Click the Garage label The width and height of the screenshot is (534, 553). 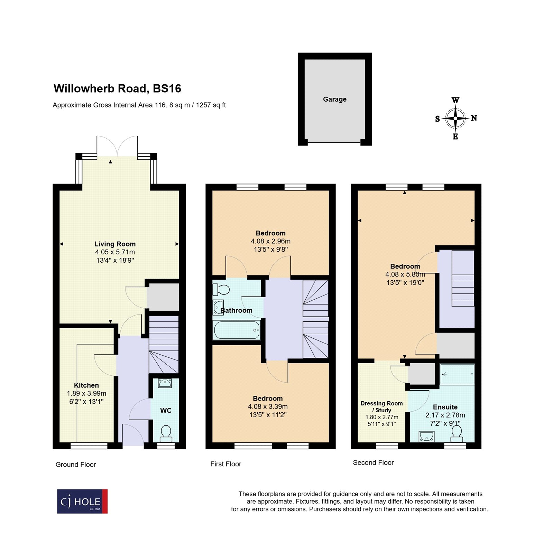(334, 99)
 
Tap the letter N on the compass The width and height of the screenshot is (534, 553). (474, 118)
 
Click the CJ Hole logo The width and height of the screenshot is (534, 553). (82, 501)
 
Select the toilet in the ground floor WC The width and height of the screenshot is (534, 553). (166, 433)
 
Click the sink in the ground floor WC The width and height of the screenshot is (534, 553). (165, 383)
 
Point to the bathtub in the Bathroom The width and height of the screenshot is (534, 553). (237, 330)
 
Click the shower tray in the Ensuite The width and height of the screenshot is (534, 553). (457, 374)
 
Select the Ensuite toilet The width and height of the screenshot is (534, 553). (457, 433)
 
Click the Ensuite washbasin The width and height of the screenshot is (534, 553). (426, 437)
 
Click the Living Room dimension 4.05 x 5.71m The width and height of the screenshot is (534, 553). (115, 252)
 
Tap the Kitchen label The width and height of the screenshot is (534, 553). (86, 385)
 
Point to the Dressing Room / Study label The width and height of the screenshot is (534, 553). (381, 407)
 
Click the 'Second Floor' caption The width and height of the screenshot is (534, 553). (373, 462)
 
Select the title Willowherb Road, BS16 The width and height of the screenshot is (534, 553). (117, 88)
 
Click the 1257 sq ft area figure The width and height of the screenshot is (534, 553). (211, 105)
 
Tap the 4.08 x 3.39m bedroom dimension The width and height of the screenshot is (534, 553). (268, 407)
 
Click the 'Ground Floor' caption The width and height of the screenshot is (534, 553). (75, 465)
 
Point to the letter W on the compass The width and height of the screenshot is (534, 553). (455, 100)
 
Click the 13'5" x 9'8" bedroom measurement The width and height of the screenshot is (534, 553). (270, 249)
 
